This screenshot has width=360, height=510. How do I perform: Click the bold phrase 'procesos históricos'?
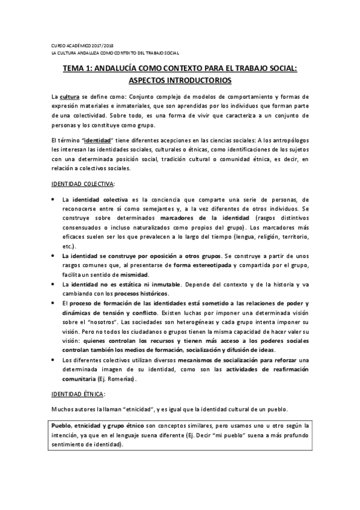(139, 293)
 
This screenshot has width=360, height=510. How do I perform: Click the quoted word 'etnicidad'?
(135, 408)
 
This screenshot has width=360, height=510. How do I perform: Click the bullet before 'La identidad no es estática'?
(55, 284)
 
